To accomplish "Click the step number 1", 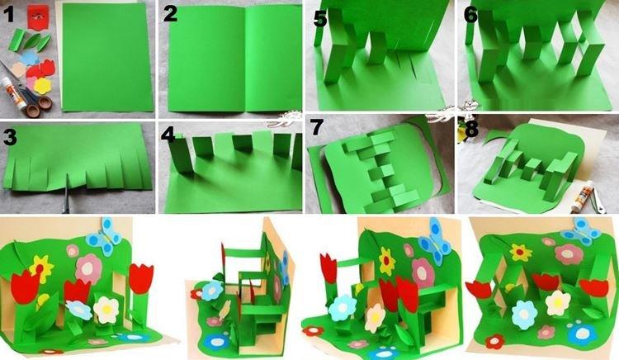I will [x=11, y=14].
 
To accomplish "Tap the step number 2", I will [x=171, y=14].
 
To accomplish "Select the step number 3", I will [x=10, y=136].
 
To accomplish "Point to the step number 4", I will [x=169, y=136].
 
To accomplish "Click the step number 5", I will [x=321, y=17].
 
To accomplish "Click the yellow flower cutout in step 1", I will [x=43, y=85].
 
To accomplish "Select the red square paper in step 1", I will [x=38, y=14].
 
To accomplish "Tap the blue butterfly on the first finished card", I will [x=105, y=234].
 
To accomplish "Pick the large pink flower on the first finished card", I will [x=87, y=266].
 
